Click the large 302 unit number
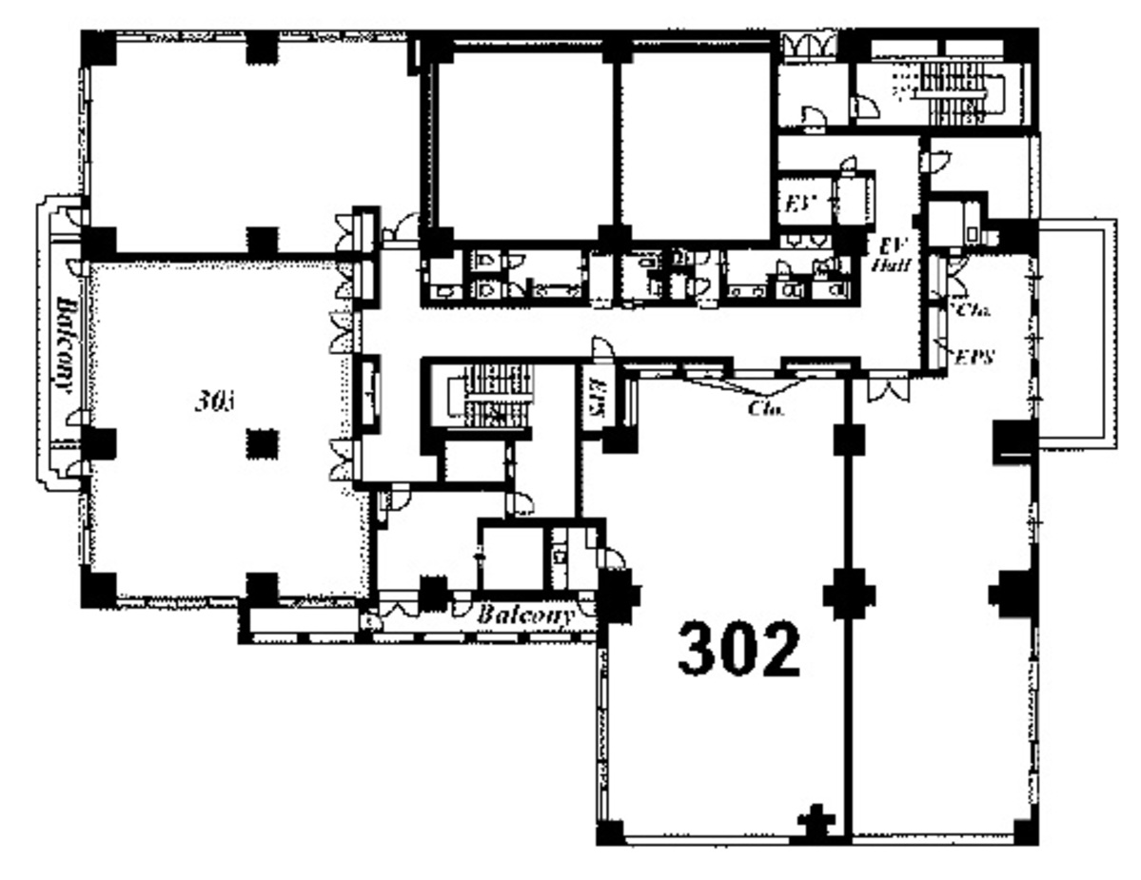pos(739,651)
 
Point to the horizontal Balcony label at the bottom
pos(525,616)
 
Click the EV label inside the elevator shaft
pos(795,204)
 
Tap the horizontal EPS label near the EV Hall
pos(974,359)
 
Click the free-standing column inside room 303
pos(262,443)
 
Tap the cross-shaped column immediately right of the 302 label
pos(848,596)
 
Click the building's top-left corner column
pos(97,48)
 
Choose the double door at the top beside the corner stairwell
pos(808,45)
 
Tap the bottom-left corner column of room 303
pos(97,589)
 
